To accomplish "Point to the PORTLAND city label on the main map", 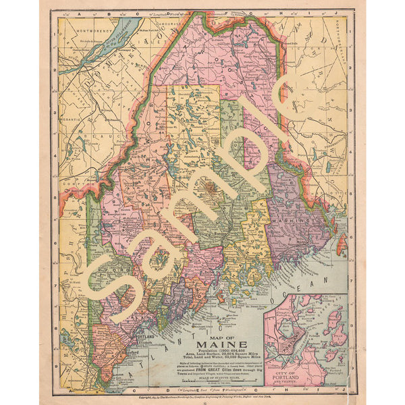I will (x=146, y=335).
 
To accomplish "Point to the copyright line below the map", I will (x=202, y=397).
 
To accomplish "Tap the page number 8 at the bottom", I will (x=203, y=403).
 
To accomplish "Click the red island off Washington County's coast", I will (x=341, y=244).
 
